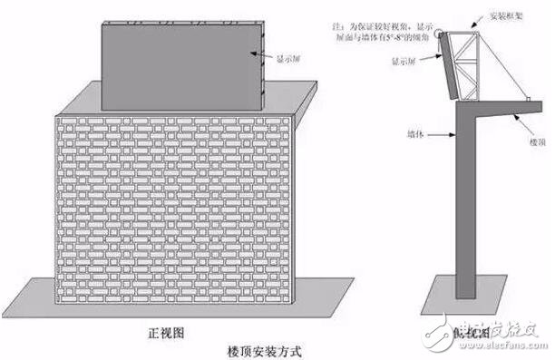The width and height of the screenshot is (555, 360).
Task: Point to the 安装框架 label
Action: [x=511, y=15]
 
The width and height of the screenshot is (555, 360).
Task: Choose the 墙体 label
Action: [x=416, y=134]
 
